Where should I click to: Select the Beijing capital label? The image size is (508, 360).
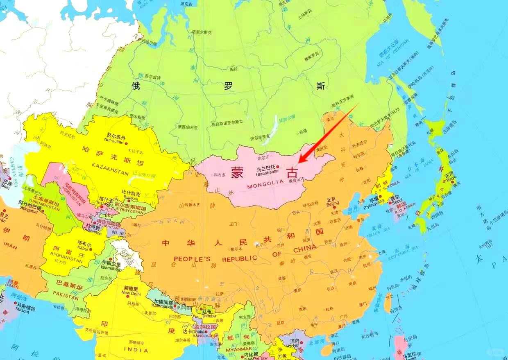click(333, 203)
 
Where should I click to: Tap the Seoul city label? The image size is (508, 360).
click(397, 201)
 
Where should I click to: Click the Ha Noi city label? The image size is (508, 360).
click(295, 345)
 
